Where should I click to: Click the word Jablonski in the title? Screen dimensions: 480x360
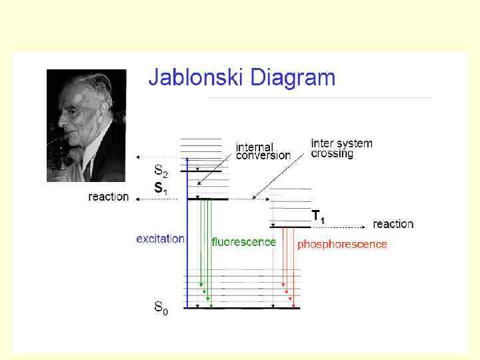[196, 79]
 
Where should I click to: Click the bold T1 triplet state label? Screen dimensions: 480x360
[319, 216]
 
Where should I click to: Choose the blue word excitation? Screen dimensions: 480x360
[160, 239]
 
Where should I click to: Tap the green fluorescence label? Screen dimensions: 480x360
[243, 242]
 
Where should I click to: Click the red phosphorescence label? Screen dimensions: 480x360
[342, 245]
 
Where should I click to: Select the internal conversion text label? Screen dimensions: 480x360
[263, 151]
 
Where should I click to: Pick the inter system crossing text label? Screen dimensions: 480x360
[341, 148]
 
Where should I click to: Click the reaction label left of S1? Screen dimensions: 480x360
[108, 197]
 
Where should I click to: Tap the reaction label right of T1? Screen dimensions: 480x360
[393, 224]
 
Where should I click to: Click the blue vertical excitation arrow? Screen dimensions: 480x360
[187, 233]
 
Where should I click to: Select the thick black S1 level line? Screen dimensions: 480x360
[207, 199]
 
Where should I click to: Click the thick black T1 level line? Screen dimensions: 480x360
[289, 227]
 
